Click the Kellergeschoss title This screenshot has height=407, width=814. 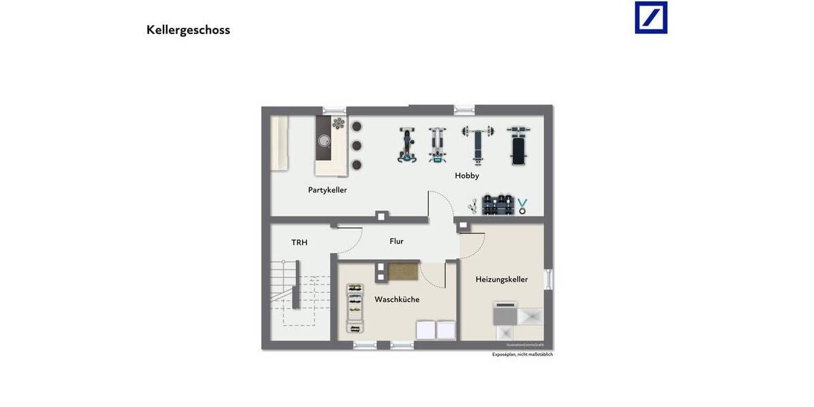188,30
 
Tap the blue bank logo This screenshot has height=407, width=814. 651,18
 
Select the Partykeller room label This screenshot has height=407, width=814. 327,190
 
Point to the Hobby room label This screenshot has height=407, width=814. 467,176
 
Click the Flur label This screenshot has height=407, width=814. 396,241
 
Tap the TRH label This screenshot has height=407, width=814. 299,242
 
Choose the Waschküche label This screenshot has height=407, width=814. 397,299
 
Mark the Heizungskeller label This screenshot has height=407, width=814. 501,279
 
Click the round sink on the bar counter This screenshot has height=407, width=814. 324,141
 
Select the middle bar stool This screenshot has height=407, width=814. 356,145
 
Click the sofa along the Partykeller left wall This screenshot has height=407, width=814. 279,143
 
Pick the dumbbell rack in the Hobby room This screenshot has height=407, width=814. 497,205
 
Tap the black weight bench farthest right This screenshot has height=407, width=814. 518,145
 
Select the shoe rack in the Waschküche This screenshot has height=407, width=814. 355,309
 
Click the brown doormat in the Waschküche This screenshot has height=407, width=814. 402,271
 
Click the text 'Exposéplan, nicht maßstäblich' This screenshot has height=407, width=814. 522,354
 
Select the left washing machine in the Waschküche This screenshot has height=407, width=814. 425,330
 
